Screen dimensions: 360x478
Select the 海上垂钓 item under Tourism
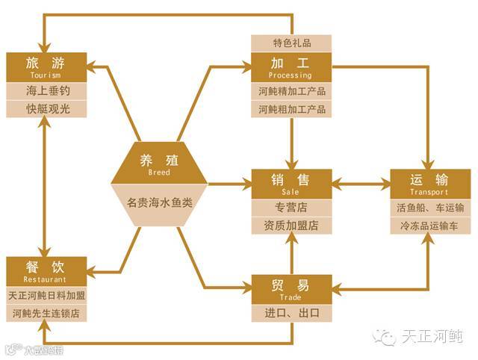coord(46,90)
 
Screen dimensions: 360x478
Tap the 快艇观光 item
coord(46,109)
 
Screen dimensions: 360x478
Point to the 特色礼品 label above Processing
coord(292,43)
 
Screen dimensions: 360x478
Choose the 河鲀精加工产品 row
coord(292,91)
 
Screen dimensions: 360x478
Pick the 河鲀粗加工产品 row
coord(292,110)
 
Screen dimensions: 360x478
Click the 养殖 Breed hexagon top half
coord(159,163)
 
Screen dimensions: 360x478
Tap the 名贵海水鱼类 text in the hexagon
coord(159,202)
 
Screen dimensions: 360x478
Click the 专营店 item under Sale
coord(291,207)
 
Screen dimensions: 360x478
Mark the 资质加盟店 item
coord(291,225)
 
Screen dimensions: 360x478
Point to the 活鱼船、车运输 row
coord(429,207)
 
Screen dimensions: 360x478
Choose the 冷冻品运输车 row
coord(429,225)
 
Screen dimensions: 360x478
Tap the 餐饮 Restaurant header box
coord(46,270)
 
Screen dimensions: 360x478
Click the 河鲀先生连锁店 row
coord(46,313)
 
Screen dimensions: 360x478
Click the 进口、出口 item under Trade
coord(291,313)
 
